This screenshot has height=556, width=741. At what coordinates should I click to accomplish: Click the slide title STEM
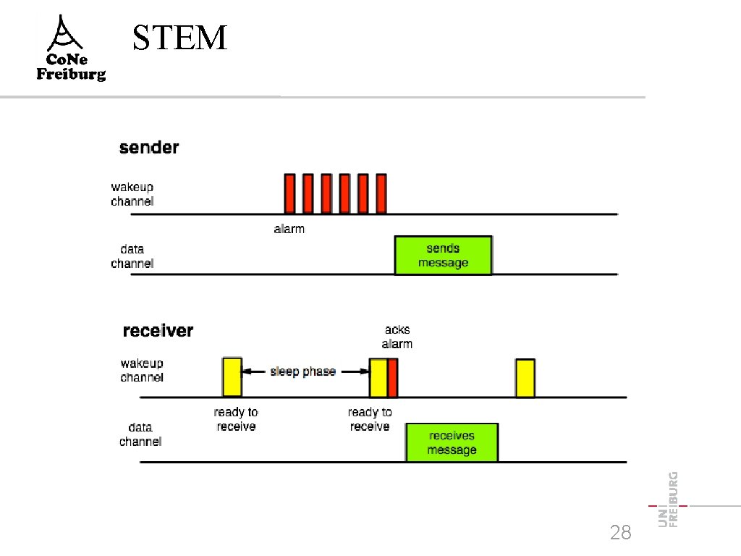coord(180,38)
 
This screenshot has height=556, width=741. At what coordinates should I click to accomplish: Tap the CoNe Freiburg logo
coord(71,49)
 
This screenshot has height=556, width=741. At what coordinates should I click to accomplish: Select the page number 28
coord(620,534)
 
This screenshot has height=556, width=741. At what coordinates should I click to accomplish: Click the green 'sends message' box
coord(443,256)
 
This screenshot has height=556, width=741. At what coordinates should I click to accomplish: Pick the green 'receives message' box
coord(452,442)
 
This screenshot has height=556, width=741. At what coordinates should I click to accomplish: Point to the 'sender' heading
coord(149,148)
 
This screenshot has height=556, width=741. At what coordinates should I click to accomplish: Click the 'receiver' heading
coord(158,331)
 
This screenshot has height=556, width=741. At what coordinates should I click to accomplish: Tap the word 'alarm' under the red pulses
coord(289,229)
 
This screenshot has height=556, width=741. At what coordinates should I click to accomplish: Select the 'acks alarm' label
coord(397,337)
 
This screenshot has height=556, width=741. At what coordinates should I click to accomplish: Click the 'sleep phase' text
coord(302,371)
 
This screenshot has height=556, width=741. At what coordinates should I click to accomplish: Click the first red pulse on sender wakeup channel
coord(289,193)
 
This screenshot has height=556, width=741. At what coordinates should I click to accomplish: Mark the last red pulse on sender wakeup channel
coord(381,193)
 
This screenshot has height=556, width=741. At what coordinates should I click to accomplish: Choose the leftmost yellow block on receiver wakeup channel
coord(232,377)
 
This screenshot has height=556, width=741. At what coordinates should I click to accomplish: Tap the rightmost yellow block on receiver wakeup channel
coord(525,378)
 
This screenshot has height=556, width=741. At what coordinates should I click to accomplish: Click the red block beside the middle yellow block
coord(393,378)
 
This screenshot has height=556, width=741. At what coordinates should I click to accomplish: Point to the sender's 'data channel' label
coord(132,256)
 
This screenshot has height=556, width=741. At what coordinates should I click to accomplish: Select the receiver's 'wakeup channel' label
coord(142,370)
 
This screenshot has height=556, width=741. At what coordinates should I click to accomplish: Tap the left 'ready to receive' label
coord(236,419)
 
